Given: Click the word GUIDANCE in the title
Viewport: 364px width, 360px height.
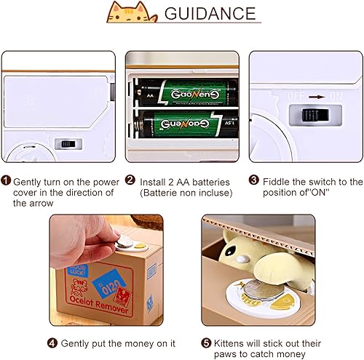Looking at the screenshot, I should (210, 14).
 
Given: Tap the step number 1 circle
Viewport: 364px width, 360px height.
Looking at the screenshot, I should (6, 181).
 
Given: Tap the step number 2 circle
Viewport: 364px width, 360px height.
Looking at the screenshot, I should (130, 181).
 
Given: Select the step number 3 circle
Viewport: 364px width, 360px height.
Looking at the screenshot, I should (254, 181).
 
